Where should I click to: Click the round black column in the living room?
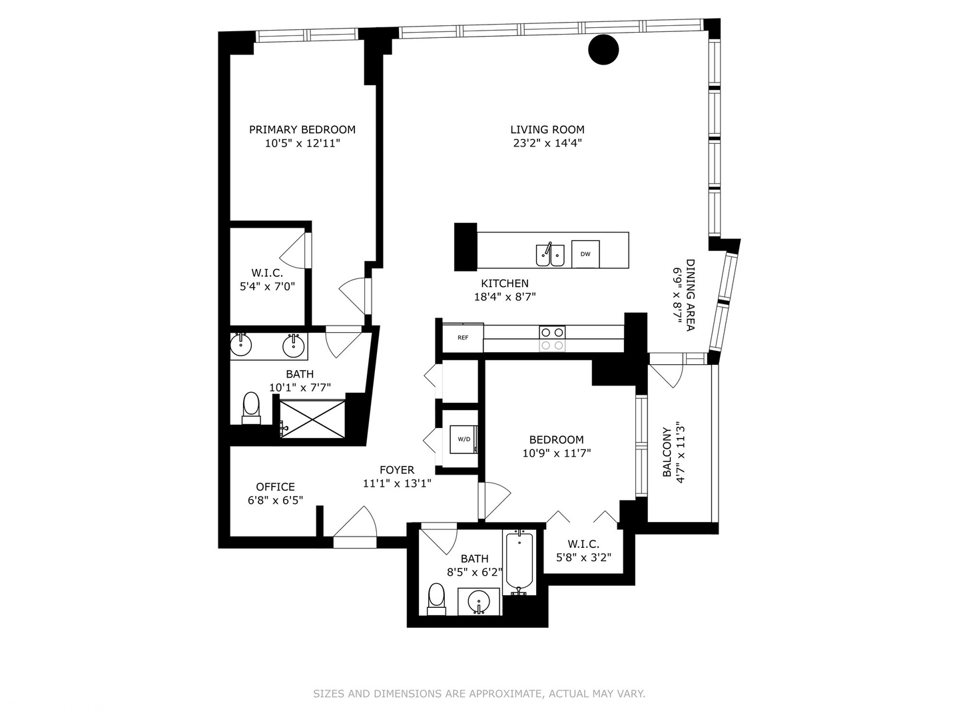pyautogui.click(x=603, y=49)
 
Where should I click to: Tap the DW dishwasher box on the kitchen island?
pyautogui.click(x=585, y=254)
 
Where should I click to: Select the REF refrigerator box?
pyautogui.click(x=463, y=338)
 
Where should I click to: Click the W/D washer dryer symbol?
pyautogui.click(x=464, y=439)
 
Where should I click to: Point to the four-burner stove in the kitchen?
pyautogui.click(x=552, y=338)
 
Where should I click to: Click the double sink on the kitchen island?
pyautogui.click(x=550, y=255)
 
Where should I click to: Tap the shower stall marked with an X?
pyautogui.click(x=312, y=419)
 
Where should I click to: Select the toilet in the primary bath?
pyautogui.click(x=251, y=407)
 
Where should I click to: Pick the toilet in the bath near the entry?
pyautogui.click(x=436, y=598)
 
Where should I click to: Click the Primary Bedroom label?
pyautogui.click(x=302, y=129)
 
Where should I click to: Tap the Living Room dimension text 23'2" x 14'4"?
pyautogui.click(x=547, y=143)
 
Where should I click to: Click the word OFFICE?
pyautogui.click(x=275, y=487)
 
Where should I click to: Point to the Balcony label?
pyautogui.click(x=667, y=453)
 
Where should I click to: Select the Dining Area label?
pyautogui.click(x=690, y=295)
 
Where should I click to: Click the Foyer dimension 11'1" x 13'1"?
pyautogui.click(x=397, y=484)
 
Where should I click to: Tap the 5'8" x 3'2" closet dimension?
pyautogui.click(x=583, y=558)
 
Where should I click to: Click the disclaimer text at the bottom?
pyautogui.click(x=479, y=694)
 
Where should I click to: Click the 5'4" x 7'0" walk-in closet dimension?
pyautogui.click(x=267, y=287)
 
